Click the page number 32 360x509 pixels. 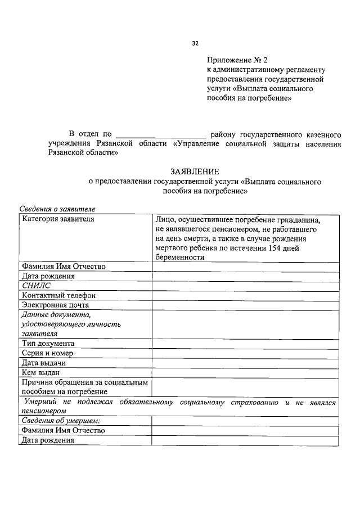pyautogui.click(x=195, y=42)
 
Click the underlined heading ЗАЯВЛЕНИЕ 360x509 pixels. pyautogui.click(x=195, y=171)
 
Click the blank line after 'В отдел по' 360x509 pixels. pyautogui.click(x=161, y=134)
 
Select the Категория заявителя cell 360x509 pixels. pyautogui.click(x=58, y=219)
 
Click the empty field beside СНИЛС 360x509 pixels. pyautogui.click(x=245, y=286)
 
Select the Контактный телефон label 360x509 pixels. pyautogui.click(x=58, y=295)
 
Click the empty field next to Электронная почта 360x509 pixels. pyautogui.click(x=245, y=305)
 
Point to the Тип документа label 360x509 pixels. pyautogui.click(x=48, y=343)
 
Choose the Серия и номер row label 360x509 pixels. pyautogui.click(x=49, y=353)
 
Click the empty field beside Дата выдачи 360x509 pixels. pyautogui.click(x=245, y=363)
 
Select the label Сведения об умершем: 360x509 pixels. pyautogui.click(x=61, y=421)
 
